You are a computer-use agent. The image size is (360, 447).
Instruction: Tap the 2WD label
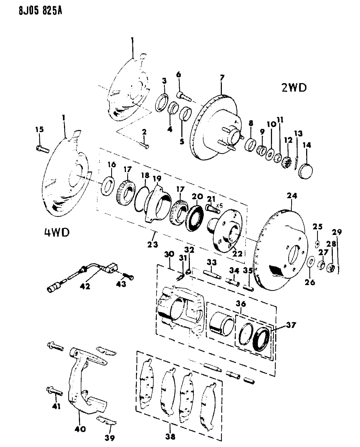click(x=294, y=87)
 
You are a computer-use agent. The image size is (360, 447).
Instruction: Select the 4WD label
click(x=56, y=232)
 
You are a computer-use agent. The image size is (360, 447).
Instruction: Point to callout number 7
click(x=222, y=78)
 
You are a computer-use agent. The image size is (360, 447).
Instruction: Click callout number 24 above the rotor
click(x=292, y=196)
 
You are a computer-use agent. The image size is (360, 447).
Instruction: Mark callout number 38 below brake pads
click(x=171, y=436)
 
